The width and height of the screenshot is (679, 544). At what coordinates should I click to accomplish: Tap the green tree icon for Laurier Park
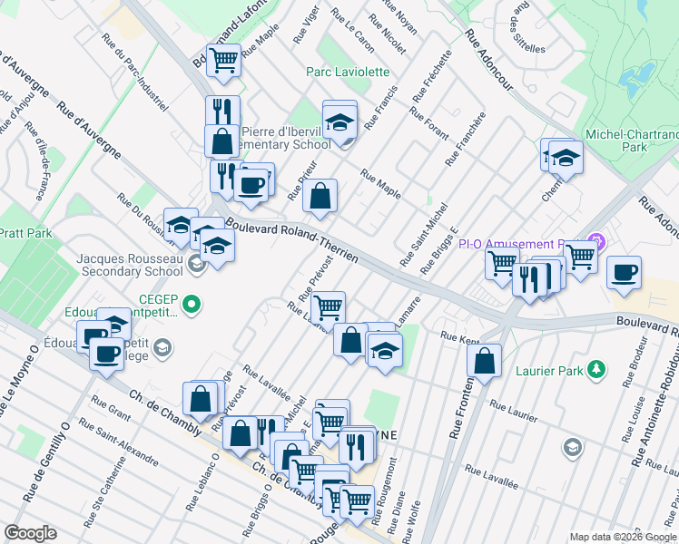(x=596, y=369)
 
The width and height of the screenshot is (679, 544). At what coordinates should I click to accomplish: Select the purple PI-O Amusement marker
(x=596, y=243)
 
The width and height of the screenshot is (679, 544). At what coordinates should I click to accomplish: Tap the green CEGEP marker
(x=192, y=303)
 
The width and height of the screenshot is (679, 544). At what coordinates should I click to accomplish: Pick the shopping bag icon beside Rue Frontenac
(x=486, y=360)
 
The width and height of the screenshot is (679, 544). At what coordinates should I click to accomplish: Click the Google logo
(x=30, y=533)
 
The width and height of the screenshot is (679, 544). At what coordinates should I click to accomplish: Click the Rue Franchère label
(x=465, y=140)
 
